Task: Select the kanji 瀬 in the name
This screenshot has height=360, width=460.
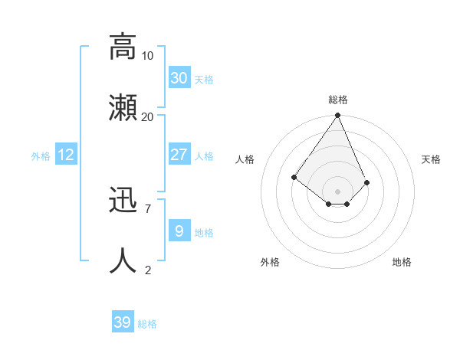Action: (x=123, y=106)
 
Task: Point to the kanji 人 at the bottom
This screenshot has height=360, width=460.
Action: (x=123, y=260)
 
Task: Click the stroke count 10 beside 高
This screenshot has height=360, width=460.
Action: (x=148, y=55)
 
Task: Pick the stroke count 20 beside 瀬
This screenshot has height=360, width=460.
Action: (x=148, y=116)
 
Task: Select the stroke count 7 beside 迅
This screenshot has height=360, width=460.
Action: (x=148, y=208)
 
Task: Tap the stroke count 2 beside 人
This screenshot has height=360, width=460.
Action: (x=148, y=270)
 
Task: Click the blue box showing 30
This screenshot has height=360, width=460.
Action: (x=179, y=78)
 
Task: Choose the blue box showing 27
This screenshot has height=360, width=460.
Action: (x=179, y=155)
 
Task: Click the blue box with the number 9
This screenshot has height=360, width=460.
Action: (x=179, y=231)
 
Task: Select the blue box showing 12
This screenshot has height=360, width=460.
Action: (x=66, y=155)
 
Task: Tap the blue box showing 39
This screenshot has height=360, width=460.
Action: (x=123, y=322)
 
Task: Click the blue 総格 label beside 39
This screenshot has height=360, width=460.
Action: (x=147, y=324)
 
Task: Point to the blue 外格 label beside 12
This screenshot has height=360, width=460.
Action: (x=41, y=156)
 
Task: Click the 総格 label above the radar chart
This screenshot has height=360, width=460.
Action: (x=338, y=100)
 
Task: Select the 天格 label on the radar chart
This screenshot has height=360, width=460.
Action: (x=431, y=159)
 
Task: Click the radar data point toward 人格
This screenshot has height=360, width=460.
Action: (x=294, y=177)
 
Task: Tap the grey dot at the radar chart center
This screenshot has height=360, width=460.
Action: (x=338, y=191)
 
